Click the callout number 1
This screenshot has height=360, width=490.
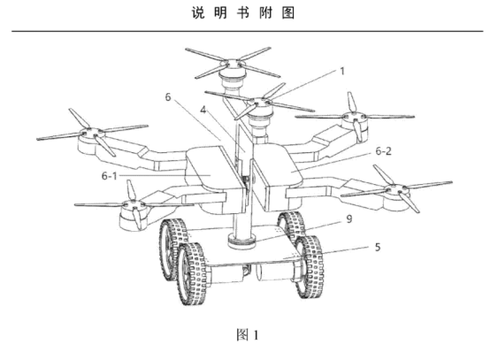(x=342, y=72)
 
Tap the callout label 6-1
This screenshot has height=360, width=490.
(x=110, y=176)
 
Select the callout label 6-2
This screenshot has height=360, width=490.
(x=384, y=151)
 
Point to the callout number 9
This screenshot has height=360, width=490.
(x=349, y=219)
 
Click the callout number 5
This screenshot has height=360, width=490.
(x=378, y=247)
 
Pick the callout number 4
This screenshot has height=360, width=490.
(x=203, y=110)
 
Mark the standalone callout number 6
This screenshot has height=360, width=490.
(x=168, y=97)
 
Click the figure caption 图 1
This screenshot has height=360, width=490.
(x=248, y=335)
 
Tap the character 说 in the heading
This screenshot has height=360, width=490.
(x=198, y=13)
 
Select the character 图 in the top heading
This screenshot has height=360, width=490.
(x=288, y=13)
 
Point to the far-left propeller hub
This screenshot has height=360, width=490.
(x=91, y=132)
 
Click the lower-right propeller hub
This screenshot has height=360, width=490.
(x=396, y=188)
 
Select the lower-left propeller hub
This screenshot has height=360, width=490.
(x=134, y=204)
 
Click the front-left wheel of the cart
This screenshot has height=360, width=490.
(x=192, y=273)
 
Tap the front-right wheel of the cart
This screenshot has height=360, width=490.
(x=310, y=266)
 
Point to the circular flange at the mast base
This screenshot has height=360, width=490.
(x=241, y=241)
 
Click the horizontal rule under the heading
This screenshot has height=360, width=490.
(x=248, y=31)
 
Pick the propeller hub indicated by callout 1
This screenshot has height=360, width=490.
(x=259, y=103)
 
